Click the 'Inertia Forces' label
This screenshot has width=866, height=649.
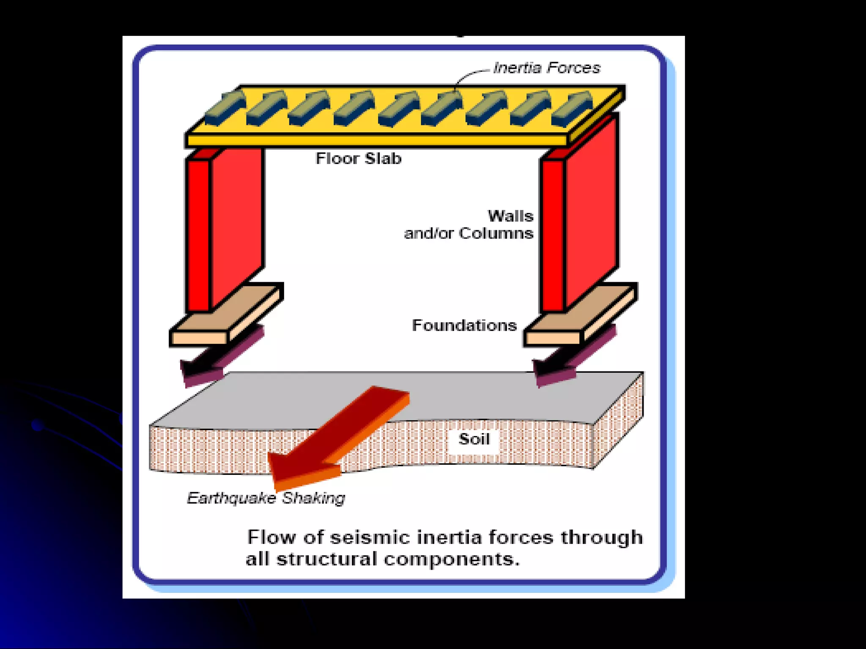coord(547,68)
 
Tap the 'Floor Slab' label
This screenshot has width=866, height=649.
coord(359,158)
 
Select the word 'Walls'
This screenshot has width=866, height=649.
coord(511,216)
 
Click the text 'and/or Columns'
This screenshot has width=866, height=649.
coord(469,233)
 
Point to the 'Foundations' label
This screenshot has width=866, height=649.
coord(464,325)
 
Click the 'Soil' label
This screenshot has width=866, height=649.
coord(474,439)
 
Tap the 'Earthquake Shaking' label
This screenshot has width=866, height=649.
coord(266,498)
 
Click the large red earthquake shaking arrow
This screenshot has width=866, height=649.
coord(338,435)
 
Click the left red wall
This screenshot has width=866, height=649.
coord(224,224)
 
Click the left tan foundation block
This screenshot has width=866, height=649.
coord(226,315)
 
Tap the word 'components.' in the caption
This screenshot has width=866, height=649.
coord(452,559)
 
